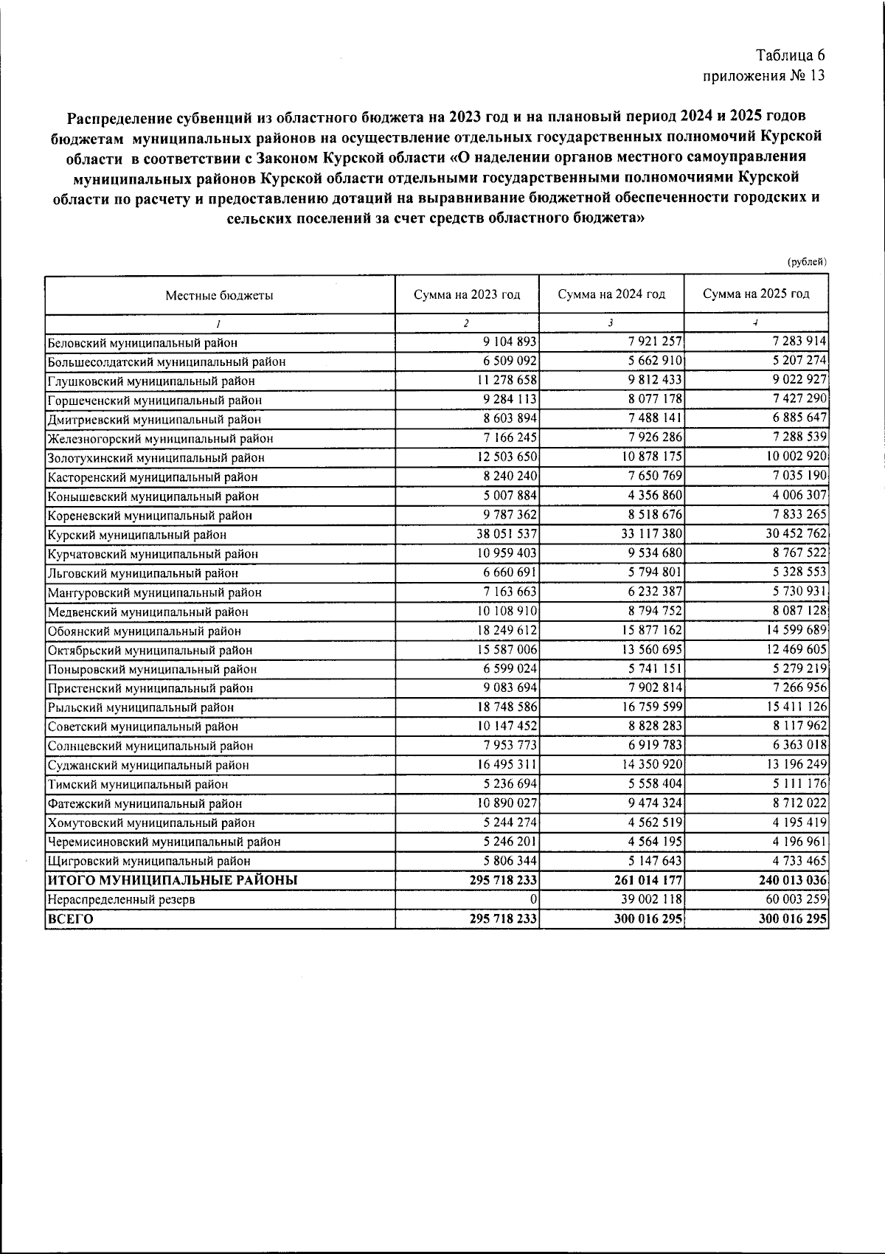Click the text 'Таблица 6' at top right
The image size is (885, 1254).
(x=790, y=55)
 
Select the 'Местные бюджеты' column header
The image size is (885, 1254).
(x=219, y=295)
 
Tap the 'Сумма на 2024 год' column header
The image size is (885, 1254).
(x=611, y=294)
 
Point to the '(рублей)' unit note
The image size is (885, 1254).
(x=807, y=262)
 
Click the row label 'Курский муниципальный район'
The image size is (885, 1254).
(x=137, y=535)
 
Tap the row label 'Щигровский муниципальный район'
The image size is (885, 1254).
(x=149, y=861)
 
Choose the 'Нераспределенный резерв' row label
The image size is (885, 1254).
(x=121, y=900)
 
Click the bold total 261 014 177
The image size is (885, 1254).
(x=645, y=880)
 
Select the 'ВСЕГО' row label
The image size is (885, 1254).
(x=71, y=919)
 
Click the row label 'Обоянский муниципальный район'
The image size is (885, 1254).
(x=144, y=631)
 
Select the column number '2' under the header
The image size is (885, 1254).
(x=466, y=323)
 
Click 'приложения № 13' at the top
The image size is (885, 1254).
(x=763, y=75)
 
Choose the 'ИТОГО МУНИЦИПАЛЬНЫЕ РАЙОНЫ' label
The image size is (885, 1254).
(x=173, y=880)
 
